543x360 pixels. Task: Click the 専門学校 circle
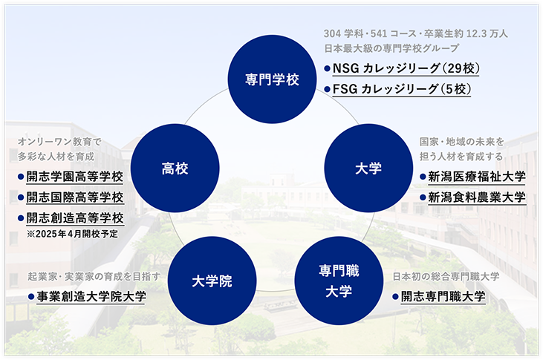(272, 79)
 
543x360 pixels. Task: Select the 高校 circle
(175, 168)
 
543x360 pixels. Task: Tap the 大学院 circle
(212, 281)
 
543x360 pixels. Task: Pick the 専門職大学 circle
(339, 281)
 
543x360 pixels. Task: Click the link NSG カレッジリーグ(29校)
(406, 68)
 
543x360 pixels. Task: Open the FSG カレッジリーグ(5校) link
(402, 89)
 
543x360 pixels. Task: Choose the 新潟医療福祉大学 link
(477, 177)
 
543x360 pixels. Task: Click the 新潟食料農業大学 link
(477, 197)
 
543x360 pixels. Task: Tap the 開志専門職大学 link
(443, 296)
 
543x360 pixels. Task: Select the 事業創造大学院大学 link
(91, 296)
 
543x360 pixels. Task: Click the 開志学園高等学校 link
(75, 177)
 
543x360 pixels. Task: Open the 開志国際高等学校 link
(75, 197)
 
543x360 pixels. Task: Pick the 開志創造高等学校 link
(75, 218)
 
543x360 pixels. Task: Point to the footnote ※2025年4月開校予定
(72, 234)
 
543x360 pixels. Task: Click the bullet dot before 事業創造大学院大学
(31, 297)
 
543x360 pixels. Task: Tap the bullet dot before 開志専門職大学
(395, 297)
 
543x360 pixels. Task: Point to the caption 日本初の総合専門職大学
(446, 276)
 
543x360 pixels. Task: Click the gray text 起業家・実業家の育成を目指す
(94, 276)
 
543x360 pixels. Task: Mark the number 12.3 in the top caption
(476, 33)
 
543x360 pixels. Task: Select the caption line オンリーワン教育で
(59, 142)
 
